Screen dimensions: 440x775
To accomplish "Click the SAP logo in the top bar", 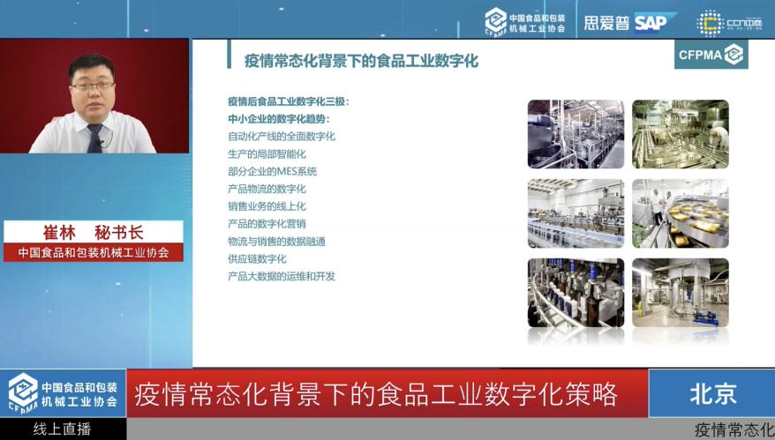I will pos(654,21).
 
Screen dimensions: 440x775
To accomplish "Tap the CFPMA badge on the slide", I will pos(711,55).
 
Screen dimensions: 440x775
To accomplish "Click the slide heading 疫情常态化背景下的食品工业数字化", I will pos(361,61).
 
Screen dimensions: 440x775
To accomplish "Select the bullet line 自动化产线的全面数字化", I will pos(282,137).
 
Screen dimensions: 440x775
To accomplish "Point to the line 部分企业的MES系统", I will pos(272,171).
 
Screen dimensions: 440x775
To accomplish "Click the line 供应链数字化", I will pos(257,258).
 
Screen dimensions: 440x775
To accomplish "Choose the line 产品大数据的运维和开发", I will pos(282,276).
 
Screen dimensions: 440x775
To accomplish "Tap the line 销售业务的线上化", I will pos(267,206).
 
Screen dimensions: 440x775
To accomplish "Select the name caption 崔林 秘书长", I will pos(94,233).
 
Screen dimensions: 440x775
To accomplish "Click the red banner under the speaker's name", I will pos(94,253).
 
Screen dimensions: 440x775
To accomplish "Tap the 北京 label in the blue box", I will pos(711,393).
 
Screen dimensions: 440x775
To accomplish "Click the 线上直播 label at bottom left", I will pos(63,429).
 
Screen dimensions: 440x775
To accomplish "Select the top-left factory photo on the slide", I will pos(576,134).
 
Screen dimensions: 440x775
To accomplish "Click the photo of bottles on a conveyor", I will pos(576,293).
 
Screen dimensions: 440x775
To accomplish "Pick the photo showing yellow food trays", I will pos(680,213).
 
